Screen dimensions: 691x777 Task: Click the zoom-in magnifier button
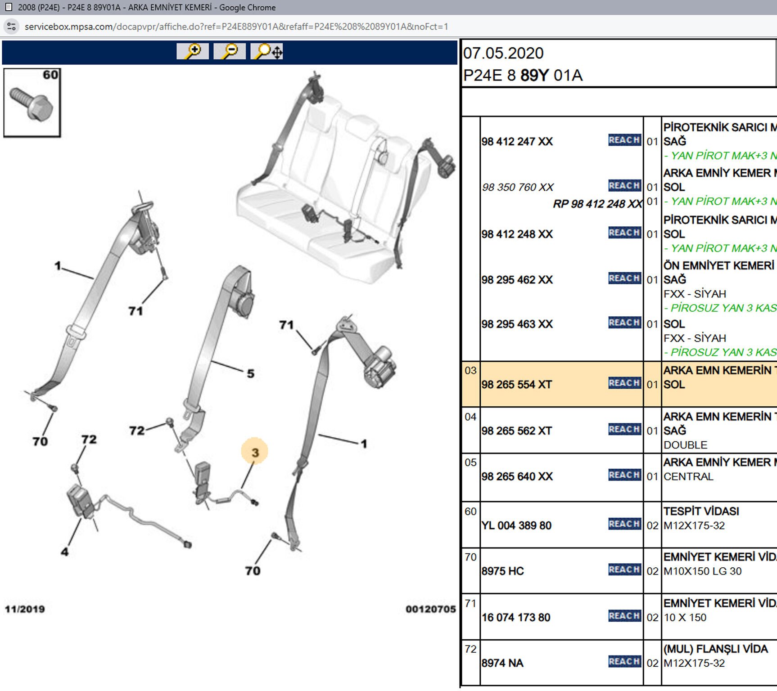[x=193, y=51]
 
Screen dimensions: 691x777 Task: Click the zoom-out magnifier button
[x=230, y=51]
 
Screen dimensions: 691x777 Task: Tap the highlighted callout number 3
[x=255, y=452]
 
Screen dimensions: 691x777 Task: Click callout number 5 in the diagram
[x=251, y=373]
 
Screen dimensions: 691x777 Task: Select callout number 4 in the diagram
[x=65, y=552]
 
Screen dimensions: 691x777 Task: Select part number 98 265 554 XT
[x=516, y=385]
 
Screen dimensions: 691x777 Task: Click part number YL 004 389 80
[x=516, y=525]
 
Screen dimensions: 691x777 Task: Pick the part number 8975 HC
[x=503, y=571]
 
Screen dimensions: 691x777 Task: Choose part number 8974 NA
[x=502, y=663]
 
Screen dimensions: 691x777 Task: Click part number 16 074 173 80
[x=516, y=618]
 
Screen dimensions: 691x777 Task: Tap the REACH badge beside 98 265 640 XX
[x=624, y=475]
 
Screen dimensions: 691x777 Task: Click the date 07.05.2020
[x=503, y=54]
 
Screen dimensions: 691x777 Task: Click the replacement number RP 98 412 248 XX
[x=597, y=204]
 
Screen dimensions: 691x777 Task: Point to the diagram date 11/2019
[x=25, y=609]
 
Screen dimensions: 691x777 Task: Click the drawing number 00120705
[x=430, y=609]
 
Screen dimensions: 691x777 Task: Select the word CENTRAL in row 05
[x=688, y=476]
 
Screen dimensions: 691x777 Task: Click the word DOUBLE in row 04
[x=685, y=445]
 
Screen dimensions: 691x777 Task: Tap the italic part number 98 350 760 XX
[x=518, y=187]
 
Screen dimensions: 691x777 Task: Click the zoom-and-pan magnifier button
[x=267, y=51]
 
